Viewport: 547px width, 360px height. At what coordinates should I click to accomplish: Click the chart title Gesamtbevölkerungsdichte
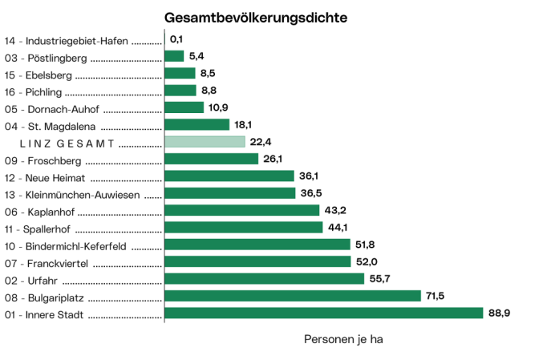[256, 17]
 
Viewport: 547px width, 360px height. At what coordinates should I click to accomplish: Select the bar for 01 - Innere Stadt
[323, 313]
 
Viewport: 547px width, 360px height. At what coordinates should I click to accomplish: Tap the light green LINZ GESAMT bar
[205, 142]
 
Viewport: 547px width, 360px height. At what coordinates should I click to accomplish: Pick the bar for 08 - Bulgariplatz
[292, 296]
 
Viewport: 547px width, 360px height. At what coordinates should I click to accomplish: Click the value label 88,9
[500, 313]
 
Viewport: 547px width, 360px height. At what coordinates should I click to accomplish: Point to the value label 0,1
[177, 39]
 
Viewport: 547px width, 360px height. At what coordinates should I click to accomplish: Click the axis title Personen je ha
[343, 339]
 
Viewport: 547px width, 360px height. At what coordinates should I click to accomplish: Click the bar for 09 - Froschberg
[212, 159]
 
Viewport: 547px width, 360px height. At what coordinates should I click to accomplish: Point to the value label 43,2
[336, 210]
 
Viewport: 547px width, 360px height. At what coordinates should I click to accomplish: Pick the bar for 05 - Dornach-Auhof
[184, 107]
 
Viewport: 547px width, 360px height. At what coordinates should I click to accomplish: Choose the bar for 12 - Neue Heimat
[229, 176]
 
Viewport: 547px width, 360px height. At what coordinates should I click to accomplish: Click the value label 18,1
[245, 125]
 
